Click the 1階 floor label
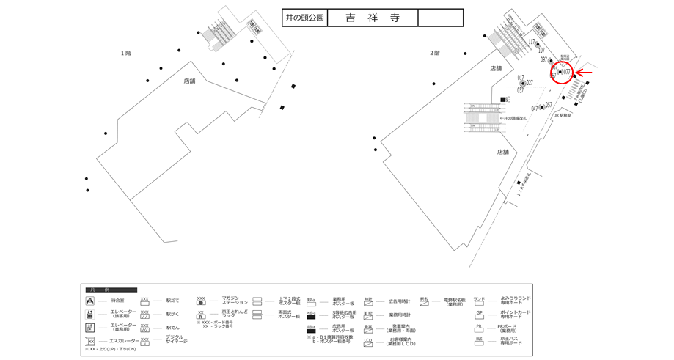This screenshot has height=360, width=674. pyautogui.click(x=126, y=53)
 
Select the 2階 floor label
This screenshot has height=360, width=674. pyautogui.click(x=434, y=53)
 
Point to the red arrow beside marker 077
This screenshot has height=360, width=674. pyautogui.click(x=585, y=72)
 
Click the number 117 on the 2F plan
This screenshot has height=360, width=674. pyautogui.click(x=532, y=42)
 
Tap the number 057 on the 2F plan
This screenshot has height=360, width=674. pyautogui.click(x=549, y=105)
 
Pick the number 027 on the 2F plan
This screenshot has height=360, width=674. pyautogui.click(x=530, y=83)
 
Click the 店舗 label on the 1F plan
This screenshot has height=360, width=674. pyautogui.click(x=189, y=81)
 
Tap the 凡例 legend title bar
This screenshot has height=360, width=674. pyautogui.click(x=111, y=290)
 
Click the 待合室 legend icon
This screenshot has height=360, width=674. pyautogui.click(x=90, y=301)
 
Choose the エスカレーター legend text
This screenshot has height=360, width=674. pyautogui.click(x=124, y=341)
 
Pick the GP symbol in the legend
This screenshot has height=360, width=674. pyautogui.click(x=479, y=313)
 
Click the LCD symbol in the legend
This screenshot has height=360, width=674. pyautogui.click(x=368, y=341)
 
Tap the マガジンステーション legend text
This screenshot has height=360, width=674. pyautogui.click(x=227, y=301)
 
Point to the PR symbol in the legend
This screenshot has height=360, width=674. pyautogui.click(x=479, y=327)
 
